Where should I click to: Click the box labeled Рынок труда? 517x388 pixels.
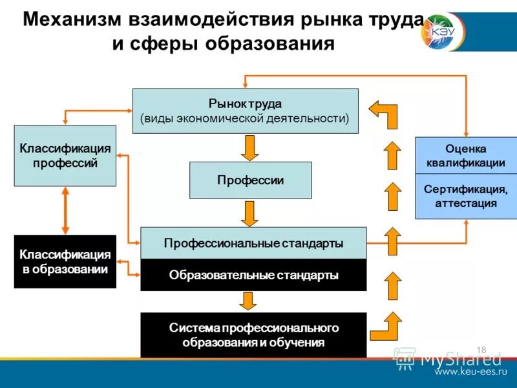(x=245, y=111)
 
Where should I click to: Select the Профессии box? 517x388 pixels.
(x=250, y=180)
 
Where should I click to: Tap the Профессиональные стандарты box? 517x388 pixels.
(x=253, y=243)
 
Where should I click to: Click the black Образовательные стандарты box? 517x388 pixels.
(x=253, y=275)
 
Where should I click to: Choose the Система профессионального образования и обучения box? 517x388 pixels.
(x=253, y=335)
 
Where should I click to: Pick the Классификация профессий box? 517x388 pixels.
(x=65, y=156)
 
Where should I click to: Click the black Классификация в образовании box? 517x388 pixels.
(x=65, y=261)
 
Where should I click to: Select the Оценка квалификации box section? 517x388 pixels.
(x=466, y=156)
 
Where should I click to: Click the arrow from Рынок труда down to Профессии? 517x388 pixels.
(x=250, y=147)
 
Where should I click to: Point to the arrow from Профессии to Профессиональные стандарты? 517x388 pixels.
(x=250, y=213)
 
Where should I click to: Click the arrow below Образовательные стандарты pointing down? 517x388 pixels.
(x=247, y=301)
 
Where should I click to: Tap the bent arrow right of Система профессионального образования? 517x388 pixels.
(x=386, y=326)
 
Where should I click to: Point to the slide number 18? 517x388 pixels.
(x=481, y=350)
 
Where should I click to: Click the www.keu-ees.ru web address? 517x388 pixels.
(x=470, y=373)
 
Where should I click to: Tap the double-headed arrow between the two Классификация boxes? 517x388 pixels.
(x=65, y=211)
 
